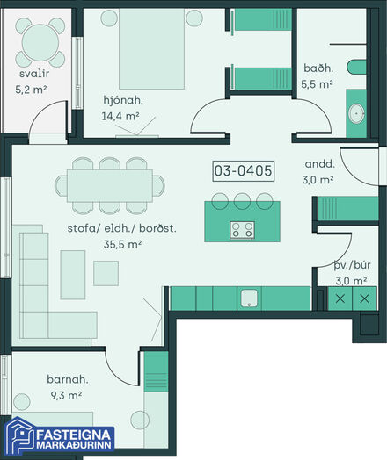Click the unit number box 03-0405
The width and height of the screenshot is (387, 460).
(243, 170)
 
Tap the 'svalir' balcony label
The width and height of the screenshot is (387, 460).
(34, 74)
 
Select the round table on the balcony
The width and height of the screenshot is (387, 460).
(40, 42)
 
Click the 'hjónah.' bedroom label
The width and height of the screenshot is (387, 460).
(123, 100)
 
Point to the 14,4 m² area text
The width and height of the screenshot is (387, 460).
(120, 116)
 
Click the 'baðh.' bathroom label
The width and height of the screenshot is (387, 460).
(318, 68)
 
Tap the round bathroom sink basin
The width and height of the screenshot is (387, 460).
(357, 113)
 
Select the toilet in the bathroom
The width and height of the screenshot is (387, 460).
(356, 68)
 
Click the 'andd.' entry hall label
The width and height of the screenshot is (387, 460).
(319, 164)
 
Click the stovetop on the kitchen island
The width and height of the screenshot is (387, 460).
(242, 230)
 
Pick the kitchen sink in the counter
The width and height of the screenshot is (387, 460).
(249, 298)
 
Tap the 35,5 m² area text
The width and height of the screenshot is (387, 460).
(122, 244)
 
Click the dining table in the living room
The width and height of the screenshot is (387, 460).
(110, 186)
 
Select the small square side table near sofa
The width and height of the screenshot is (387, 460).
(106, 273)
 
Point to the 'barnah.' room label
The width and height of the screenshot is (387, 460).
(68, 379)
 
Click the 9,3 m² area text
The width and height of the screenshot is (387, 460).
(66, 395)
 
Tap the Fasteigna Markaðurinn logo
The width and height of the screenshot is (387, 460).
(60, 438)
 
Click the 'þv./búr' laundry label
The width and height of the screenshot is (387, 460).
(352, 265)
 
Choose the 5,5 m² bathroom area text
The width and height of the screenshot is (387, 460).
(317, 84)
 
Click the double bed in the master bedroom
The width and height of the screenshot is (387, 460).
(151, 48)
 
